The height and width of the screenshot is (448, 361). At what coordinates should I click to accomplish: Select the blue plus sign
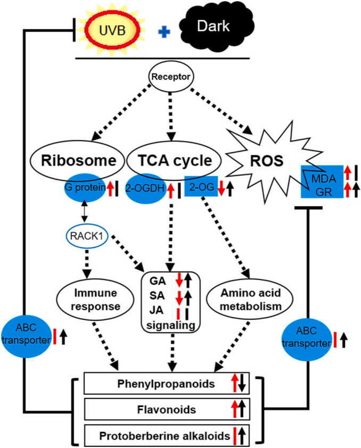(x=166, y=32)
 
